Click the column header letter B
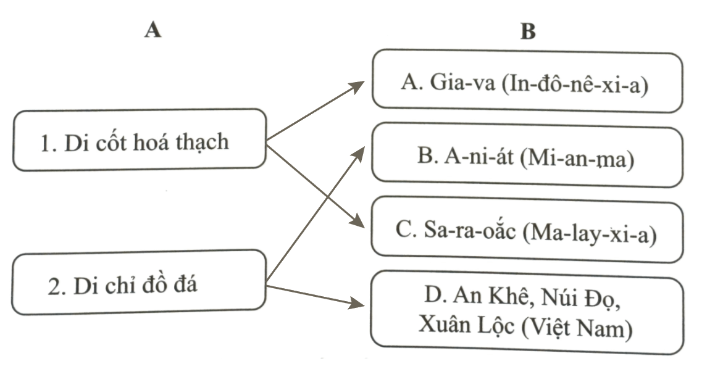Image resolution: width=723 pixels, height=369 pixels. click(x=528, y=32)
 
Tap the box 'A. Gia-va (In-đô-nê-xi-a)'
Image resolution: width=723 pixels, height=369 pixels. click(x=527, y=83)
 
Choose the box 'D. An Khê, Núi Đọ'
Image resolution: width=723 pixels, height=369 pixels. click(x=527, y=315)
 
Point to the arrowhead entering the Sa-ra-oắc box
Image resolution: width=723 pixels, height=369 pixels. click(x=357, y=222)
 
